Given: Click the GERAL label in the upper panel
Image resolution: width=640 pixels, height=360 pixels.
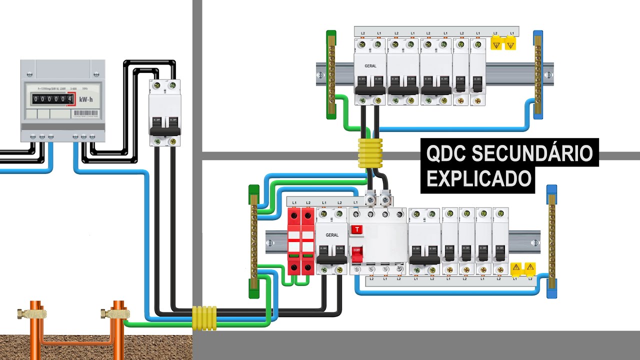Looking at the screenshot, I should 370,66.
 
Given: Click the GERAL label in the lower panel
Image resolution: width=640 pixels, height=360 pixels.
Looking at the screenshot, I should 332,235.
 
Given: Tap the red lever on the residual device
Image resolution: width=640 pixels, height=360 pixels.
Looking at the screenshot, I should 357,253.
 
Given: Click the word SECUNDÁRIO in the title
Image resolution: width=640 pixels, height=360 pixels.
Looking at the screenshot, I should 532,154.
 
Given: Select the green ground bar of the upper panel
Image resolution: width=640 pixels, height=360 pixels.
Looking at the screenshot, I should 331,75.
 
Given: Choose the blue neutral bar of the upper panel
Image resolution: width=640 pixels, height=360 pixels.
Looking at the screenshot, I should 538,75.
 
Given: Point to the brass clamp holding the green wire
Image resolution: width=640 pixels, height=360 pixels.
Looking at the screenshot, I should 109,314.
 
